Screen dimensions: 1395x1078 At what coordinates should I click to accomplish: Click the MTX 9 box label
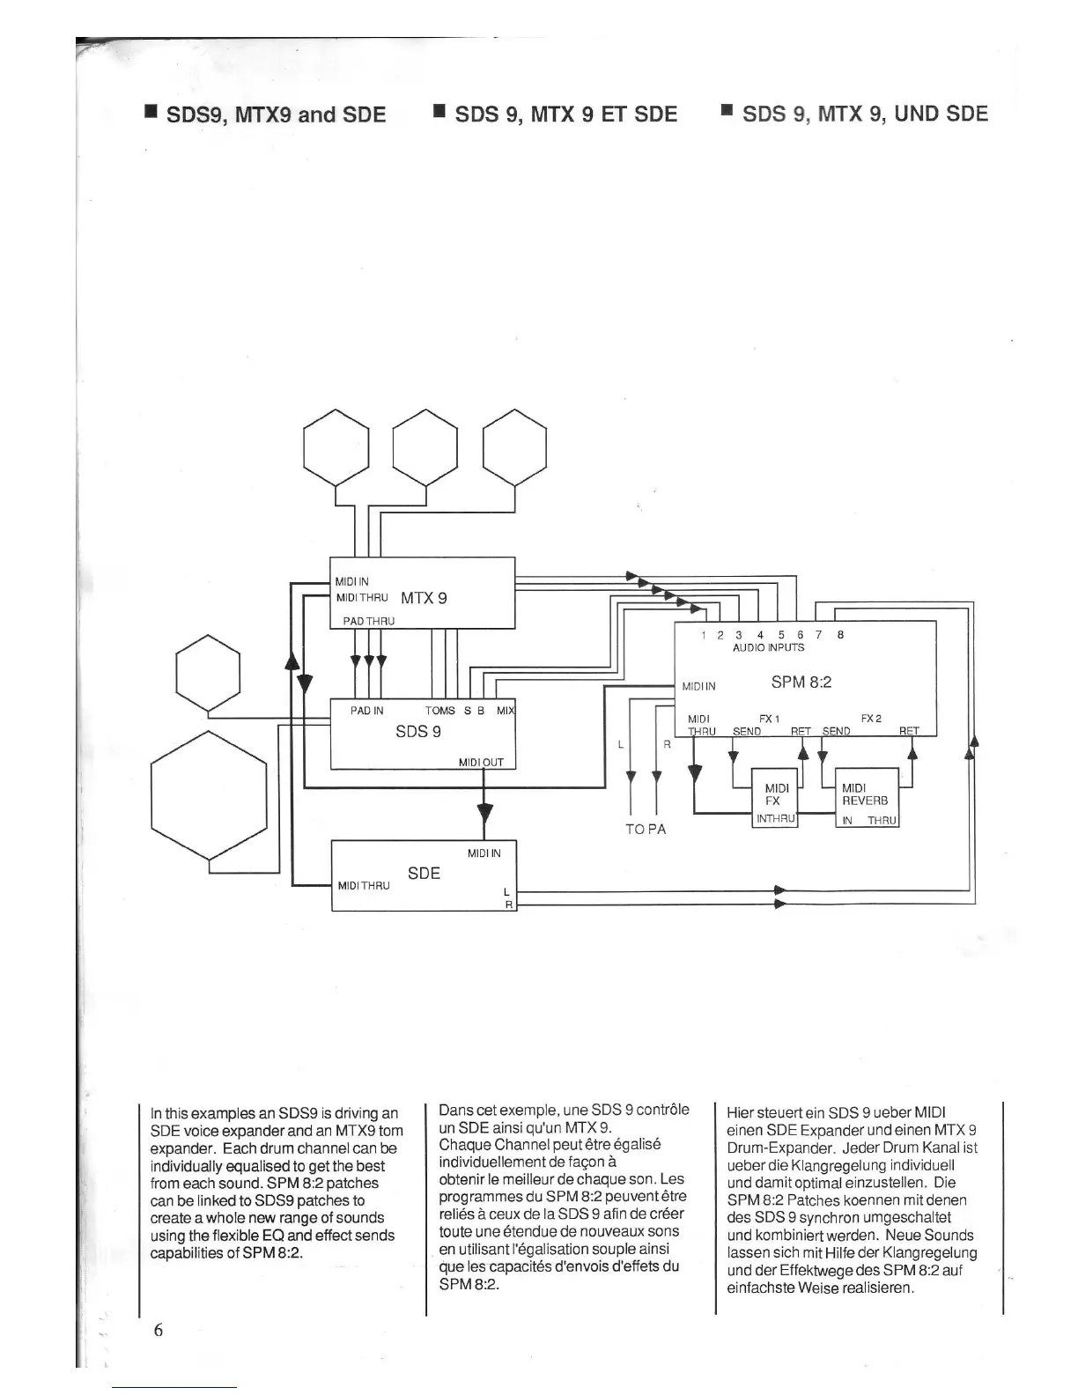coord(424,598)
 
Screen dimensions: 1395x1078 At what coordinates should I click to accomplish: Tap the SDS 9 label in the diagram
coord(417,732)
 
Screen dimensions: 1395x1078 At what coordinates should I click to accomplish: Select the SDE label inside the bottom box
coord(424,873)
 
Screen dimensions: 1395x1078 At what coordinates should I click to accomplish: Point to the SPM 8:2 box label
coord(801,682)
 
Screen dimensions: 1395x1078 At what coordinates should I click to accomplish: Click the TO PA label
coord(645,830)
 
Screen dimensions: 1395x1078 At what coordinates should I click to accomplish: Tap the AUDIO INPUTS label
coord(768,647)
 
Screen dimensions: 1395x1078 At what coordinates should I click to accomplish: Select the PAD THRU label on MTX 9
coord(368,621)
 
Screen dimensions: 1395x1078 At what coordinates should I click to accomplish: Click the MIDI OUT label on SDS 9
coord(481,763)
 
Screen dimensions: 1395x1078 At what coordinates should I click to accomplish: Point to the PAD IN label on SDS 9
coord(366,710)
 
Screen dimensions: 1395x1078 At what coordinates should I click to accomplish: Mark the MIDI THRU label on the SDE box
coord(363,885)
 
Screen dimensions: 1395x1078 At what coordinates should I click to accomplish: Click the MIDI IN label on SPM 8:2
coord(698,686)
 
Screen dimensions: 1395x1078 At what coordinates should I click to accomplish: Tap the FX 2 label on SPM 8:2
coord(871,719)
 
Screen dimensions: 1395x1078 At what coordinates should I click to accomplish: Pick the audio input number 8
coord(840,634)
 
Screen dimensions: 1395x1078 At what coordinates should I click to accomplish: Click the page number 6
coord(159,1330)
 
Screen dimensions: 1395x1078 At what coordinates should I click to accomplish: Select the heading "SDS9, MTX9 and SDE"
coord(276,115)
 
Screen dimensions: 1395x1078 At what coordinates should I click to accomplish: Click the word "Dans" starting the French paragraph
coord(455,1110)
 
